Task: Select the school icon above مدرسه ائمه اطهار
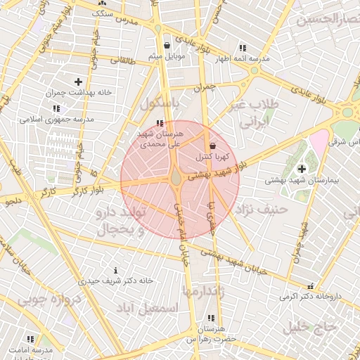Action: click(243, 49)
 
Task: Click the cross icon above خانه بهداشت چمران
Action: click(78, 82)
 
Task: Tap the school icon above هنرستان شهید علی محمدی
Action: click(167, 124)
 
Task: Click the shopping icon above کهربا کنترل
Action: click(213, 146)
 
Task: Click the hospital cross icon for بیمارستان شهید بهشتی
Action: click(302, 169)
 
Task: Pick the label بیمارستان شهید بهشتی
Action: click(302, 180)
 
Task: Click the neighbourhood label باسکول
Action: click(161, 103)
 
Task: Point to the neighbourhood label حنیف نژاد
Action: click(262, 209)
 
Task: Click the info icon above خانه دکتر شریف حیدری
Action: click(115, 271)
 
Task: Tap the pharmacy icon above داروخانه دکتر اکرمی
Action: click(310, 286)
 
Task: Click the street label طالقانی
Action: click(124, 61)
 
